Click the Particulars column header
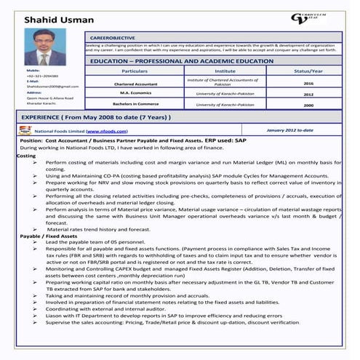coord(135,72)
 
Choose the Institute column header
coord(225,72)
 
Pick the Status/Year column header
coord(308,72)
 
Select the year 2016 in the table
coord(308,84)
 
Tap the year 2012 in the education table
coord(308,95)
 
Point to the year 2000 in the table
coord(308,105)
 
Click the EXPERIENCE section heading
coord(96,116)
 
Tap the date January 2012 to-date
coord(289,130)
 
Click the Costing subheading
coord(25,156)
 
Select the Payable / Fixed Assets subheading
coord(49,236)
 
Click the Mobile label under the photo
coord(33,71)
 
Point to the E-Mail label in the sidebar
coord(33,81)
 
